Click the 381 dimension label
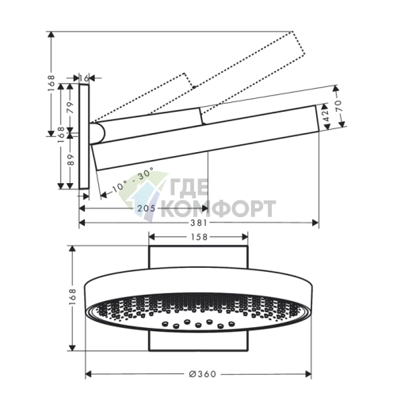tap(199, 223)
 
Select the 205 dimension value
tap(147, 208)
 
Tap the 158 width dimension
tap(199, 237)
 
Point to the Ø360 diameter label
tap(203, 374)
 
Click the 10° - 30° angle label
tap(132, 180)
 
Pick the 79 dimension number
tap(70, 108)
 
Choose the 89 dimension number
tap(71, 160)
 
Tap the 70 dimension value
tap(338, 105)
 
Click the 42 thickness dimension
tap(326, 115)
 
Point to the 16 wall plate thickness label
tap(84, 78)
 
